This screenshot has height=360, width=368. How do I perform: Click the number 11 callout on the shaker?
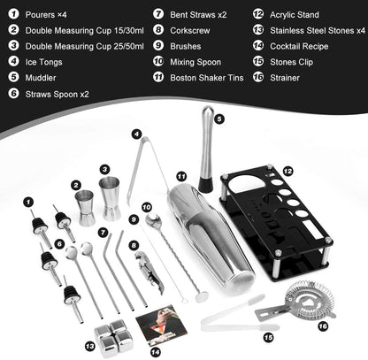pyautogui.click(x=180, y=177)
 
